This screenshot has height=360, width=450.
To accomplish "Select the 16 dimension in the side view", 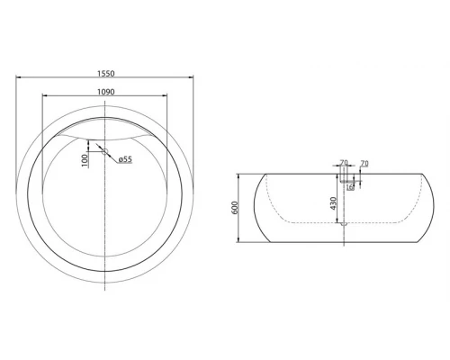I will tap(349, 187).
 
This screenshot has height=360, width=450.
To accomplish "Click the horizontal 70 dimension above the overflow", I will tap(343, 163).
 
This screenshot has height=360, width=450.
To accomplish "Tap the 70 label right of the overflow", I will tap(364, 163).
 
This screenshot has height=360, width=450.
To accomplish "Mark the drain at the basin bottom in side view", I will tap(343, 225).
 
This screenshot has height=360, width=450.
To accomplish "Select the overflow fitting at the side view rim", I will tap(343, 176).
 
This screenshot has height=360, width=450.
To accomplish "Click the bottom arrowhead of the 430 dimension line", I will tap(340, 221).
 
